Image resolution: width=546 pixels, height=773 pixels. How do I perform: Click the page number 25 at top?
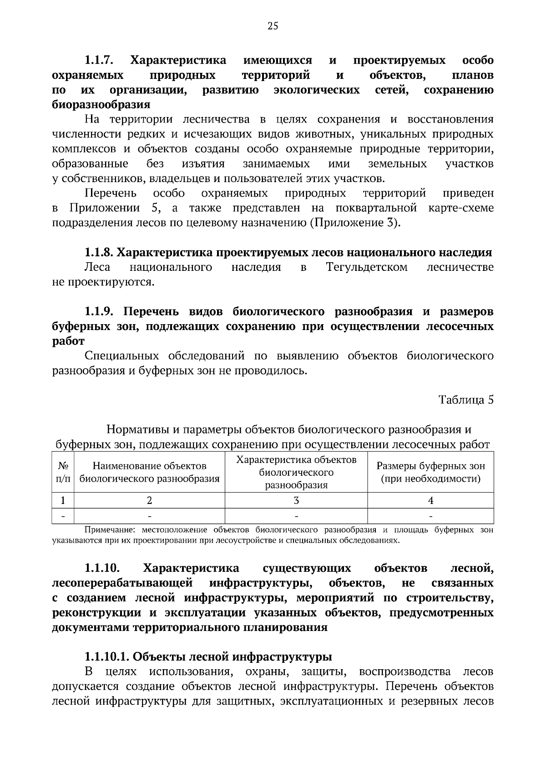pyautogui.click(x=273, y=26)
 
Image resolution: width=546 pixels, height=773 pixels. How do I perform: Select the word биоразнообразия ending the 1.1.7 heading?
pyautogui.click(x=101, y=105)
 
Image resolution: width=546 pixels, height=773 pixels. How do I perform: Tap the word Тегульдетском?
pyautogui.click(x=367, y=267)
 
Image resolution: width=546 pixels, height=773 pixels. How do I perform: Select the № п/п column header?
pyautogui.click(x=63, y=472)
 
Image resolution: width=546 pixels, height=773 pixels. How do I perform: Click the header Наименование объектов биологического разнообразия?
pyautogui.click(x=149, y=472)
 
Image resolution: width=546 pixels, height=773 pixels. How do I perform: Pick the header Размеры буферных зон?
pyautogui.click(x=430, y=472)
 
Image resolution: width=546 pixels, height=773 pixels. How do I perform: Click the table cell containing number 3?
pyautogui.click(x=296, y=501)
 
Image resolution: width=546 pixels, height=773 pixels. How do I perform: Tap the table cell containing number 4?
pyautogui.click(x=430, y=501)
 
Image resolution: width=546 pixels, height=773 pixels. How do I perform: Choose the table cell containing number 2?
pyautogui.click(x=149, y=501)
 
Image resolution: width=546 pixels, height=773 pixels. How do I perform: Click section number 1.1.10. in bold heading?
pyautogui.click(x=102, y=569)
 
